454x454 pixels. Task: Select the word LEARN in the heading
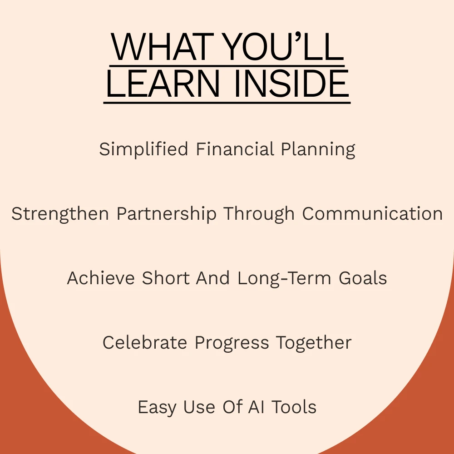click(x=163, y=83)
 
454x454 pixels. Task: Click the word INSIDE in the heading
click(x=291, y=83)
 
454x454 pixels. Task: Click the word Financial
click(x=235, y=149)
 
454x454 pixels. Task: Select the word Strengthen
click(x=60, y=214)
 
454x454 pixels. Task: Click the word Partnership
click(x=167, y=214)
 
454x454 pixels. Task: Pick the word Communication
click(x=372, y=214)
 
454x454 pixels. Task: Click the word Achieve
click(x=101, y=278)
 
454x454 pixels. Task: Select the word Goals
click(x=363, y=278)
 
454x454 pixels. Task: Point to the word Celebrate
click(x=145, y=343)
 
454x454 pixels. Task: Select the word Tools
click(x=294, y=407)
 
